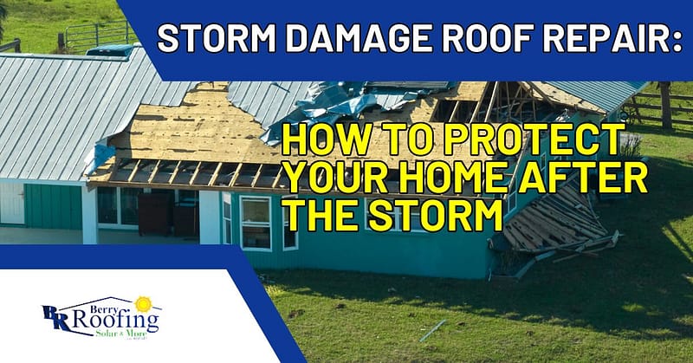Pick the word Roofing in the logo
[115, 322]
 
